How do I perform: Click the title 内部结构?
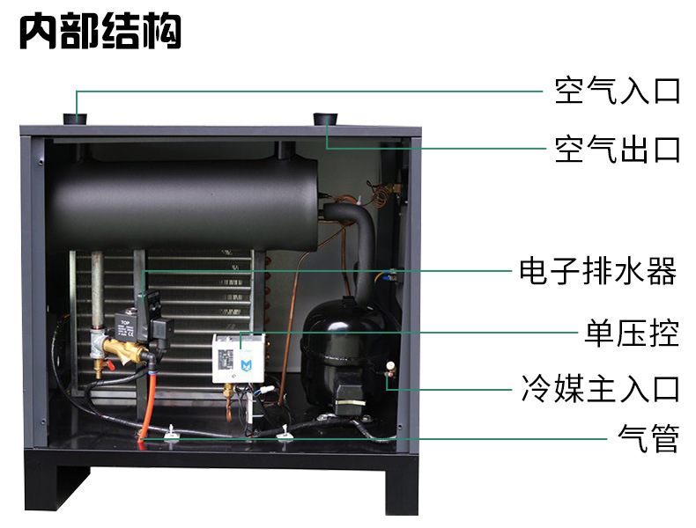click(x=100, y=31)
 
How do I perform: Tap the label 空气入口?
click(x=617, y=91)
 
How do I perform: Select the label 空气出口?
click(x=617, y=150)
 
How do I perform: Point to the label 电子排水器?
click(x=598, y=271)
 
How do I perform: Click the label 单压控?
click(x=631, y=333)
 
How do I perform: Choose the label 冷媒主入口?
click(x=600, y=388)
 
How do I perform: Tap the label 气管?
click(x=648, y=438)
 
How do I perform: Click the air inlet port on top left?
click(x=75, y=120)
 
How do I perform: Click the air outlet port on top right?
click(x=325, y=120)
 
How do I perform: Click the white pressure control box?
click(x=239, y=358)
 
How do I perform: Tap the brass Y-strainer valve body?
click(x=125, y=350)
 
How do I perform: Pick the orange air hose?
click(x=147, y=406)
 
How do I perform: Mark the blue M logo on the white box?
click(x=246, y=366)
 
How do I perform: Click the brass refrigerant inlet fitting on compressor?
click(x=390, y=369)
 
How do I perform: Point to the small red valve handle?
click(x=108, y=365)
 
